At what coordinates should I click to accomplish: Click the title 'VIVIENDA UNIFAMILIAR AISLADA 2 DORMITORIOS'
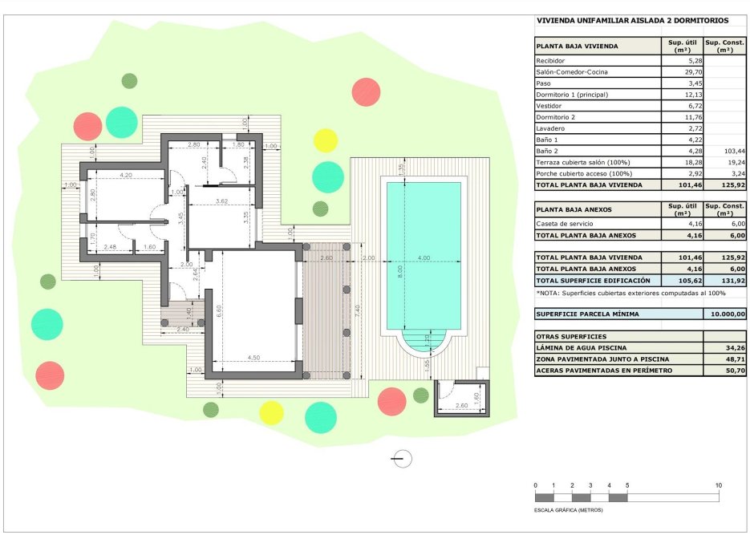[x=629, y=21]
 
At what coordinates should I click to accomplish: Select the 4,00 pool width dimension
[x=424, y=257]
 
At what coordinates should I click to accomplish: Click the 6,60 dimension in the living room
[x=219, y=312]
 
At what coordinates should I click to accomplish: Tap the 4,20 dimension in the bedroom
[x=125, y=175]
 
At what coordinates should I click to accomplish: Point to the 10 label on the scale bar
[x=719, y=486]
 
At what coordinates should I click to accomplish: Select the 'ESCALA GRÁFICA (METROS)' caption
[x=569, y=510]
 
